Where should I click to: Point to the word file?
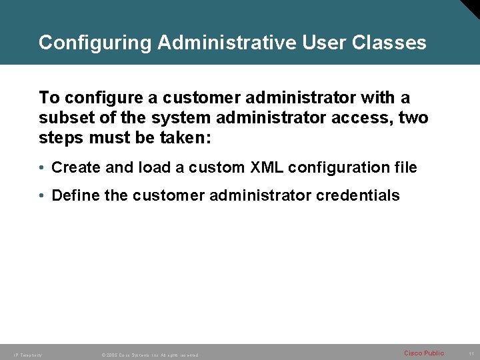tap(404, 167)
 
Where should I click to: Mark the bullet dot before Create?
tap(42, 168)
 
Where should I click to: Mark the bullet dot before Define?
tap(42, 196)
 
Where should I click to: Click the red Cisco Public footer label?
tap(424, 353)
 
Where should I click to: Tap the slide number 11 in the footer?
tap(471, 353)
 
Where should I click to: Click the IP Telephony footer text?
tap(27, 355)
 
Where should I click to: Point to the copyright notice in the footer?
tap(149, 355)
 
